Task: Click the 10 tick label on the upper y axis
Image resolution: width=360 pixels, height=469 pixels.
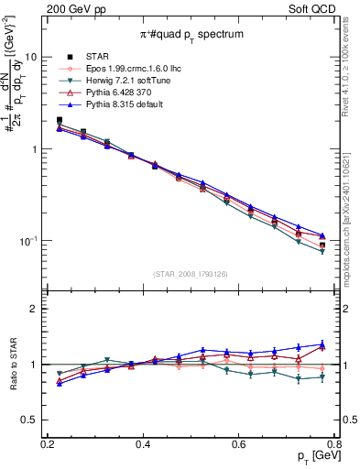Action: [x=30, y=57]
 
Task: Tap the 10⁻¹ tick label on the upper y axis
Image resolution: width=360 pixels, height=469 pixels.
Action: [x=27, y=241]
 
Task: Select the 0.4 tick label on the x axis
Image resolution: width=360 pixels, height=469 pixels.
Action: [x=142, y=444]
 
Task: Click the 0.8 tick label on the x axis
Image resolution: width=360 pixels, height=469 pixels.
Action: [x=335, y=444]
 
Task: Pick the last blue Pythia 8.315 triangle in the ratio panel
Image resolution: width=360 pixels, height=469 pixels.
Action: [x=322, y=344]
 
